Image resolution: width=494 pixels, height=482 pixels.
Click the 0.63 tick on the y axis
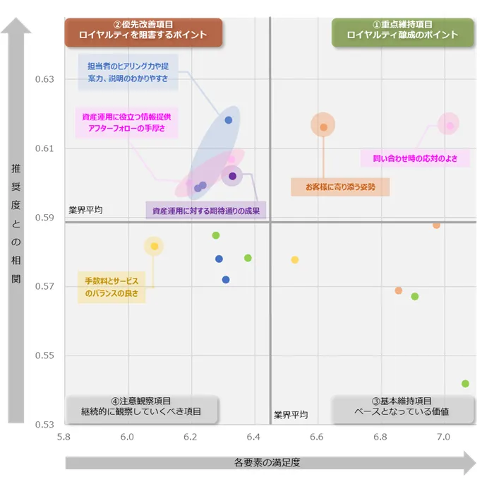[x=44, y=79]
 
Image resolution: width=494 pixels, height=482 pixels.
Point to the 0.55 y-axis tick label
[x=44, y=355]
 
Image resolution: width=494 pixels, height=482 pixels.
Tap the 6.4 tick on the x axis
[x=254, y=437]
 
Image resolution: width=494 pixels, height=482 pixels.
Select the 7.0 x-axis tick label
[x=444, y=437]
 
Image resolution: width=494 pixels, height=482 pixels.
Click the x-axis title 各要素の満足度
[x=267, y=464]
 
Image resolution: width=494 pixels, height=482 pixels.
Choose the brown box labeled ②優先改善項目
[x=143, y=30]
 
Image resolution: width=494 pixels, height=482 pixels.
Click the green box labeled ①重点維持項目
[x=402, y=30]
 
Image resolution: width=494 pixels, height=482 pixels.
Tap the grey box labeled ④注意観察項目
[x=141, y=406]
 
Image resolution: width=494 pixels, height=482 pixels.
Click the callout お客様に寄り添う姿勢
[x=340, y=187]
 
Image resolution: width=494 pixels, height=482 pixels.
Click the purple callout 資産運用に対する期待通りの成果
[x=206, y=211]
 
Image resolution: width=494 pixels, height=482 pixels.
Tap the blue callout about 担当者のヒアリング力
[x=128, y=72]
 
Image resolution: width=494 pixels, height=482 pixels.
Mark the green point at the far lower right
[x=465, y=384]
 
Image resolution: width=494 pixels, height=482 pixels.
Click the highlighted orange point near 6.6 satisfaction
[x=323, y=127]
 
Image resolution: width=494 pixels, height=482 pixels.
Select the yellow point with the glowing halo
[x=154, y=246]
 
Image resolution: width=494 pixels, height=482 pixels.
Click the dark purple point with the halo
[x=232, y=176]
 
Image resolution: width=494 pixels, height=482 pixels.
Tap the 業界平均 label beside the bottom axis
[x=291, y=415]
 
